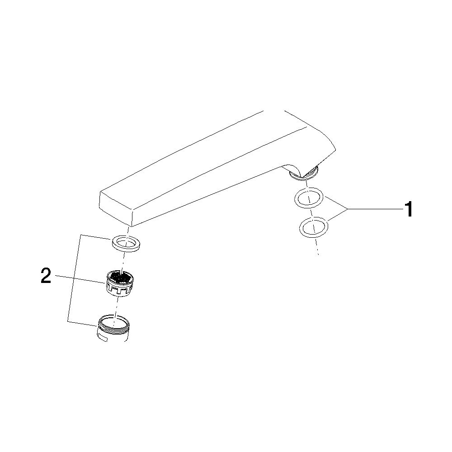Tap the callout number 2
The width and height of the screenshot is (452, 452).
[46, 276]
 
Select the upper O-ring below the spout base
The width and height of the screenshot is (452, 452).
[309, 198]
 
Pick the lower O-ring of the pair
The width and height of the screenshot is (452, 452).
[314, 227]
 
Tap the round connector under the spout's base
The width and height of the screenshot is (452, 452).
[304, 174]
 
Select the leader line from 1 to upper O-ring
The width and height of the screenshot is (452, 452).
[336, 202]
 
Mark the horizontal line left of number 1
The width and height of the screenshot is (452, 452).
[375, 209]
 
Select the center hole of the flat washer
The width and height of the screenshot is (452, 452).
[127, 242]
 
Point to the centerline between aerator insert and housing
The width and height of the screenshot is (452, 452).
[116, 307]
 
